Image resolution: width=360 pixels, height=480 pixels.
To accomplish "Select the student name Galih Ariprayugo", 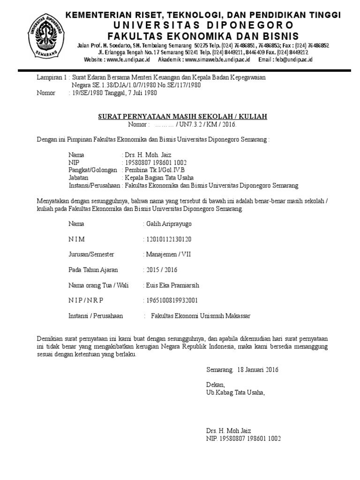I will click(x=169, y=224).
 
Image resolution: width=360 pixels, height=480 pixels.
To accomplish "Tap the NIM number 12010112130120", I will click(x=169, y=239).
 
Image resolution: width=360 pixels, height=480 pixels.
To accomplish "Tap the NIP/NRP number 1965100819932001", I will click(x=172, y=300).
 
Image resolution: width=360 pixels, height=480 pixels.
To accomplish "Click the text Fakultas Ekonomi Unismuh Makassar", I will click(x=201, y=316).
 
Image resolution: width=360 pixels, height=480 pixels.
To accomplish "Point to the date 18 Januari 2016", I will click(x=258, y=369).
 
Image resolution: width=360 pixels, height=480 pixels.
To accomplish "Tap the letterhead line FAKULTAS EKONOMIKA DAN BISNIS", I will click(x=203, y=36).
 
